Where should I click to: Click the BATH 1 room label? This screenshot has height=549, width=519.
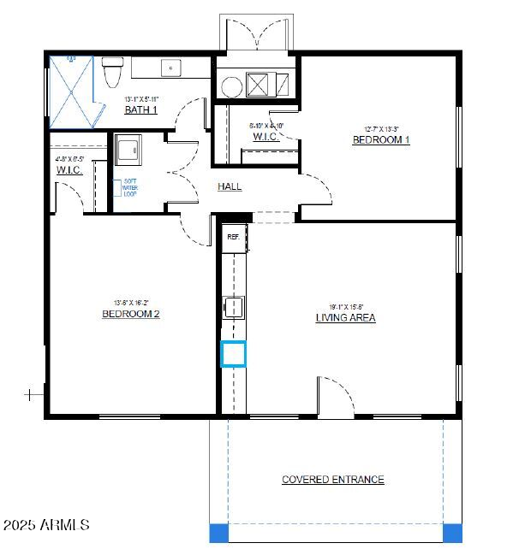coord(141,109)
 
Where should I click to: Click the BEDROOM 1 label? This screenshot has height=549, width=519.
coord(381,139)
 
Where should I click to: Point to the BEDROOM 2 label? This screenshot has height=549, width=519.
coord(131,314)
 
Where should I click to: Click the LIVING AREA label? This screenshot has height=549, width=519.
coord(345,317)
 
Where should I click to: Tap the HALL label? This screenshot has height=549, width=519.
coord(230,186)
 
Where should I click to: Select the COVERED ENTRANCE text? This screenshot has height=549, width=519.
coord(333,480)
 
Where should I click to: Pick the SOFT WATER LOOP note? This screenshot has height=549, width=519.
coord(130,187)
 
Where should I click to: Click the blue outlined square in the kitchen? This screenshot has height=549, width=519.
coord(234,353)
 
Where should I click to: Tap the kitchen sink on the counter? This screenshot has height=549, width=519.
coord(235,307)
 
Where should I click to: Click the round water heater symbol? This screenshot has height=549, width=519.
coord(231,86)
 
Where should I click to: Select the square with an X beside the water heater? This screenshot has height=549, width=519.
coord(259,84)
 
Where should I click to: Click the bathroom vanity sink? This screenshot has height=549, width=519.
coord(172,67)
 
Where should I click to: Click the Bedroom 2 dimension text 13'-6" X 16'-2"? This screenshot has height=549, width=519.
coord(131,302)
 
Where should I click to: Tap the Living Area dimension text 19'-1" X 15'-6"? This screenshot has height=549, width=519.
coord(346,306)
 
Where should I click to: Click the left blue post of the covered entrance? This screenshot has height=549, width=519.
coord(219,532)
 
